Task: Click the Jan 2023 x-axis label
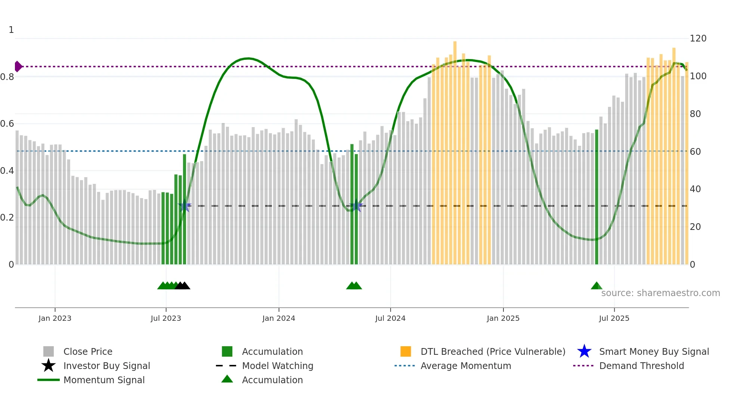coord(55,318)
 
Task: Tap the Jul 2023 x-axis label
coord(166,318)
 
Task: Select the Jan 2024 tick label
coord(279,318)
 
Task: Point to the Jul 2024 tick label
coord(390,318)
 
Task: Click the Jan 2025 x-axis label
coord(503,318)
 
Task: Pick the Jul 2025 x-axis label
coord(614,318)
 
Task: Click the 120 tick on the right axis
coord(698,39)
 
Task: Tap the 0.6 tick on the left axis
coord(7,124)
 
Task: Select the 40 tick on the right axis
coord(695,189)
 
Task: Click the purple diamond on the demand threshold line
coord(18,67)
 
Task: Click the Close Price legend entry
coord(88,351)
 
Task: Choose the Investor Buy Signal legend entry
coord(106,366)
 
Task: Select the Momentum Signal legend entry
coord(104,380)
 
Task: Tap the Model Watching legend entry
coord(277,366)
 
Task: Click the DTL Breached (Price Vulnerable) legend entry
coord(493,351)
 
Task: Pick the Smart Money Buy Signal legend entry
coord(654,351)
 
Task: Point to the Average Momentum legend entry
coord(466,366)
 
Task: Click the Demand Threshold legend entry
coord(641,366)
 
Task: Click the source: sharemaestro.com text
coord(660,293)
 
